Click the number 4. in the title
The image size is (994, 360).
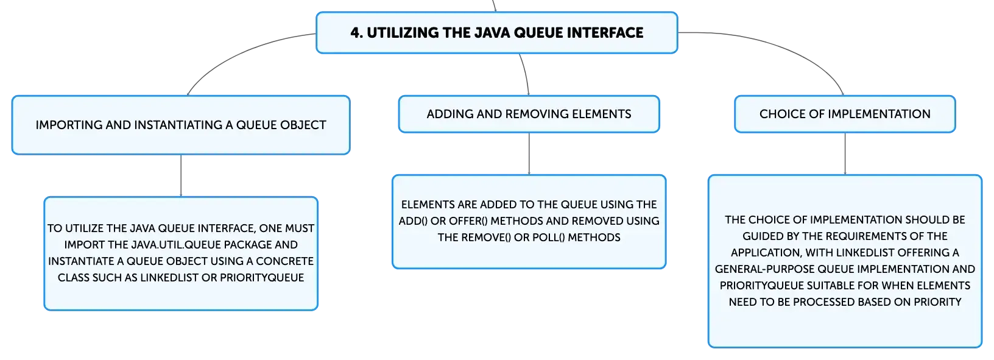pyautogui.click(x=356, y=33)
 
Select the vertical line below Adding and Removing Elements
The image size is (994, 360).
pyautogui.click(x=529, y=154)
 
